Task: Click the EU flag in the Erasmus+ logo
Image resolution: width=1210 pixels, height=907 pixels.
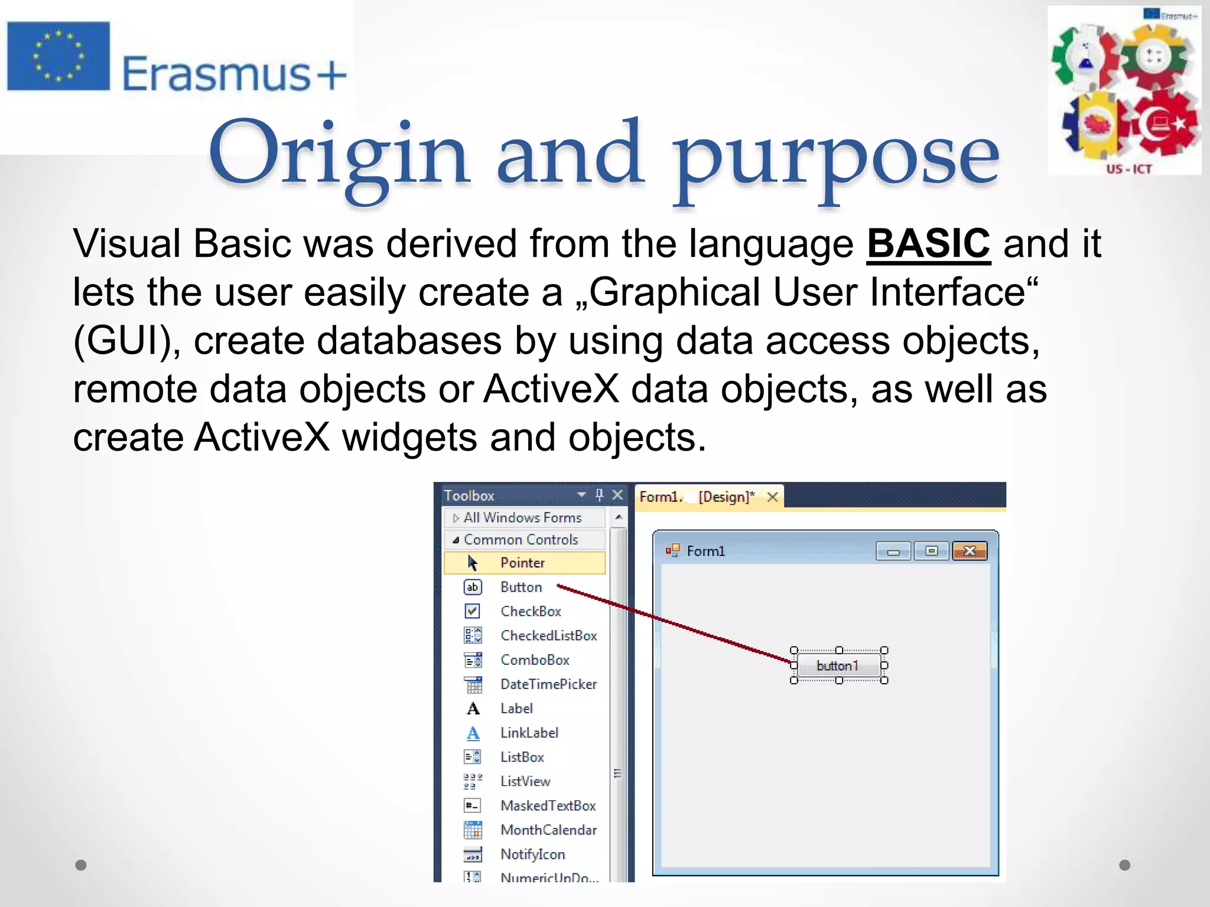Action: click(x=58, y=57)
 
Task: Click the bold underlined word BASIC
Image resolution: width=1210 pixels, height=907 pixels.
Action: click(x=928, y=243)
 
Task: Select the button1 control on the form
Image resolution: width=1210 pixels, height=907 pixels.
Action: click(x=838, y=665)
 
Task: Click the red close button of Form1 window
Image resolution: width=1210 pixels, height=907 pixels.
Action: click(x=969, y=551)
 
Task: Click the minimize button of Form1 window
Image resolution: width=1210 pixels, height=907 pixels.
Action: click(x=893, y=552)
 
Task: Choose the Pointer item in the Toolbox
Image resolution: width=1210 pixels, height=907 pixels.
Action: click(x=523, y=563)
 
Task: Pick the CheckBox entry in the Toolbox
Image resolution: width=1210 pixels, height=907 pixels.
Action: click(x=530, y=611)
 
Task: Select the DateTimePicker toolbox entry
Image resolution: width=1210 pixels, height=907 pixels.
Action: click(x=548, y=684)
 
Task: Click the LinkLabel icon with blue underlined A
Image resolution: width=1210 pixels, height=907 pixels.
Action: click(x=473, y=733)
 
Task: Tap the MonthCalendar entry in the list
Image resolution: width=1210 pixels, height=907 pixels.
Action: click(x=548, y=830)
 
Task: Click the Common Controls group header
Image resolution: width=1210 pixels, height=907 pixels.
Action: click(x=521, y=539)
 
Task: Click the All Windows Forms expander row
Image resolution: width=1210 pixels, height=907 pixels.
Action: click(x=522, y=517)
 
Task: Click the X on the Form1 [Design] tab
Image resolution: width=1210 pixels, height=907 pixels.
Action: click(x=772, y=497)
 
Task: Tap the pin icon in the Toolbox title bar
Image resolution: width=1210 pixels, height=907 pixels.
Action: click(x=600, y=494)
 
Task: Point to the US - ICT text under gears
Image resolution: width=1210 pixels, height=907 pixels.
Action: click(x=1128, y=169)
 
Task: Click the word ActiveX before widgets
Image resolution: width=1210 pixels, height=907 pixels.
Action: click(x=262, y=438)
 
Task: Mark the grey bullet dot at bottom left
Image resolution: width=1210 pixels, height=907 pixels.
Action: click(x=81, y=865)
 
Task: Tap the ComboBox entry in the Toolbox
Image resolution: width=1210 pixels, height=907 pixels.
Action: click(x=534, y=660)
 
